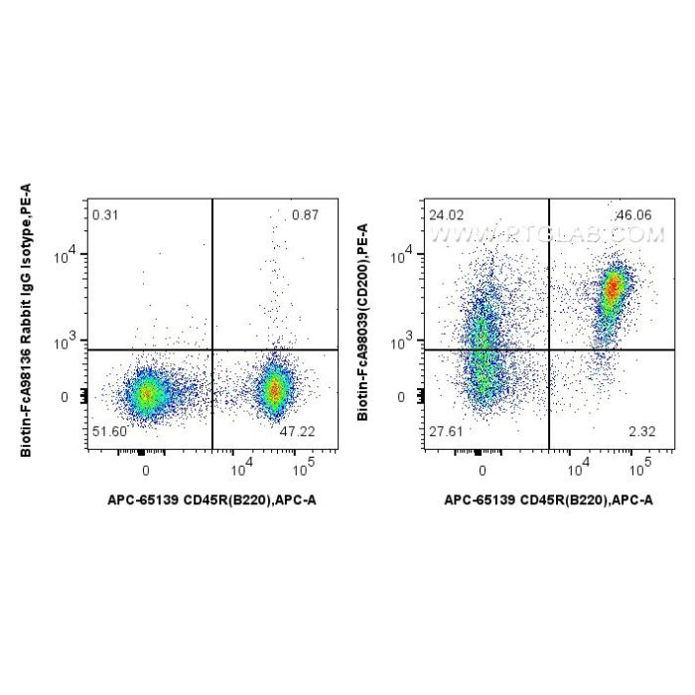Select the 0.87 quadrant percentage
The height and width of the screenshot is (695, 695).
click(306, 215)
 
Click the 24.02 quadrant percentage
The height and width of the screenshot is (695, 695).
click(443, 215)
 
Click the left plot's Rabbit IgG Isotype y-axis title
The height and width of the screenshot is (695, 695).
click(27, 318)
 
